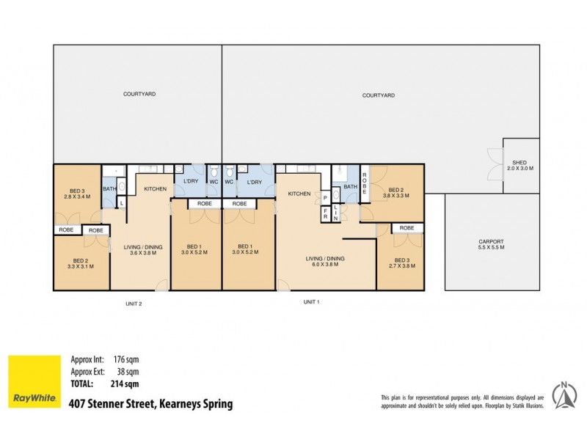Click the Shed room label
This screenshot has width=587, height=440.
pyautogui.click(x=520, y=165)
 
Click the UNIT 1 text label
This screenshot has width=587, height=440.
pyautogui.click(x=312, y=301)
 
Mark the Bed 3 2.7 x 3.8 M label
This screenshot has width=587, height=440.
pyautogui.click(x=402, y=263)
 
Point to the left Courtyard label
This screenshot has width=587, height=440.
pyautogui.click(x=138, y=94)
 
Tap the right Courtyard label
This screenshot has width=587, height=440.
pyautogui.click(x=379, y=95)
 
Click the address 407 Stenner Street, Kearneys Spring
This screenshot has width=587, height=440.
pyautogui.click(x=150, y=404)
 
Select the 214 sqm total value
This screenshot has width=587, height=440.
pyautogui.click(x=126, y=383)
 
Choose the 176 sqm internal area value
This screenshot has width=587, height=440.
pyautogui.click(x=126, y=359)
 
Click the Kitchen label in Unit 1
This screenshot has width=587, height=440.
pyautogui.click(x=299, y=194)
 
